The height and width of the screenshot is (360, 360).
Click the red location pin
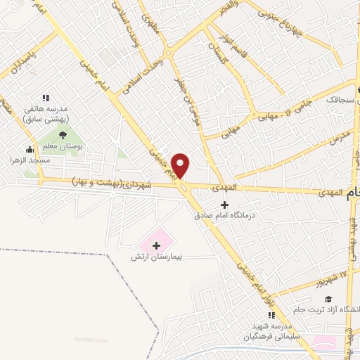[x=181, y=165]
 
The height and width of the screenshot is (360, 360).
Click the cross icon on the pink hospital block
[x=157, y=245]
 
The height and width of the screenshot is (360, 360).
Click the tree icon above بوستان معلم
[x=63, y=134]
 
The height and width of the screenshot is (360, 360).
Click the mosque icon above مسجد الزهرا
[x=29, y=149]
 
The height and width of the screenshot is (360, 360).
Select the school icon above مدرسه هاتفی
[x=46, y=98]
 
